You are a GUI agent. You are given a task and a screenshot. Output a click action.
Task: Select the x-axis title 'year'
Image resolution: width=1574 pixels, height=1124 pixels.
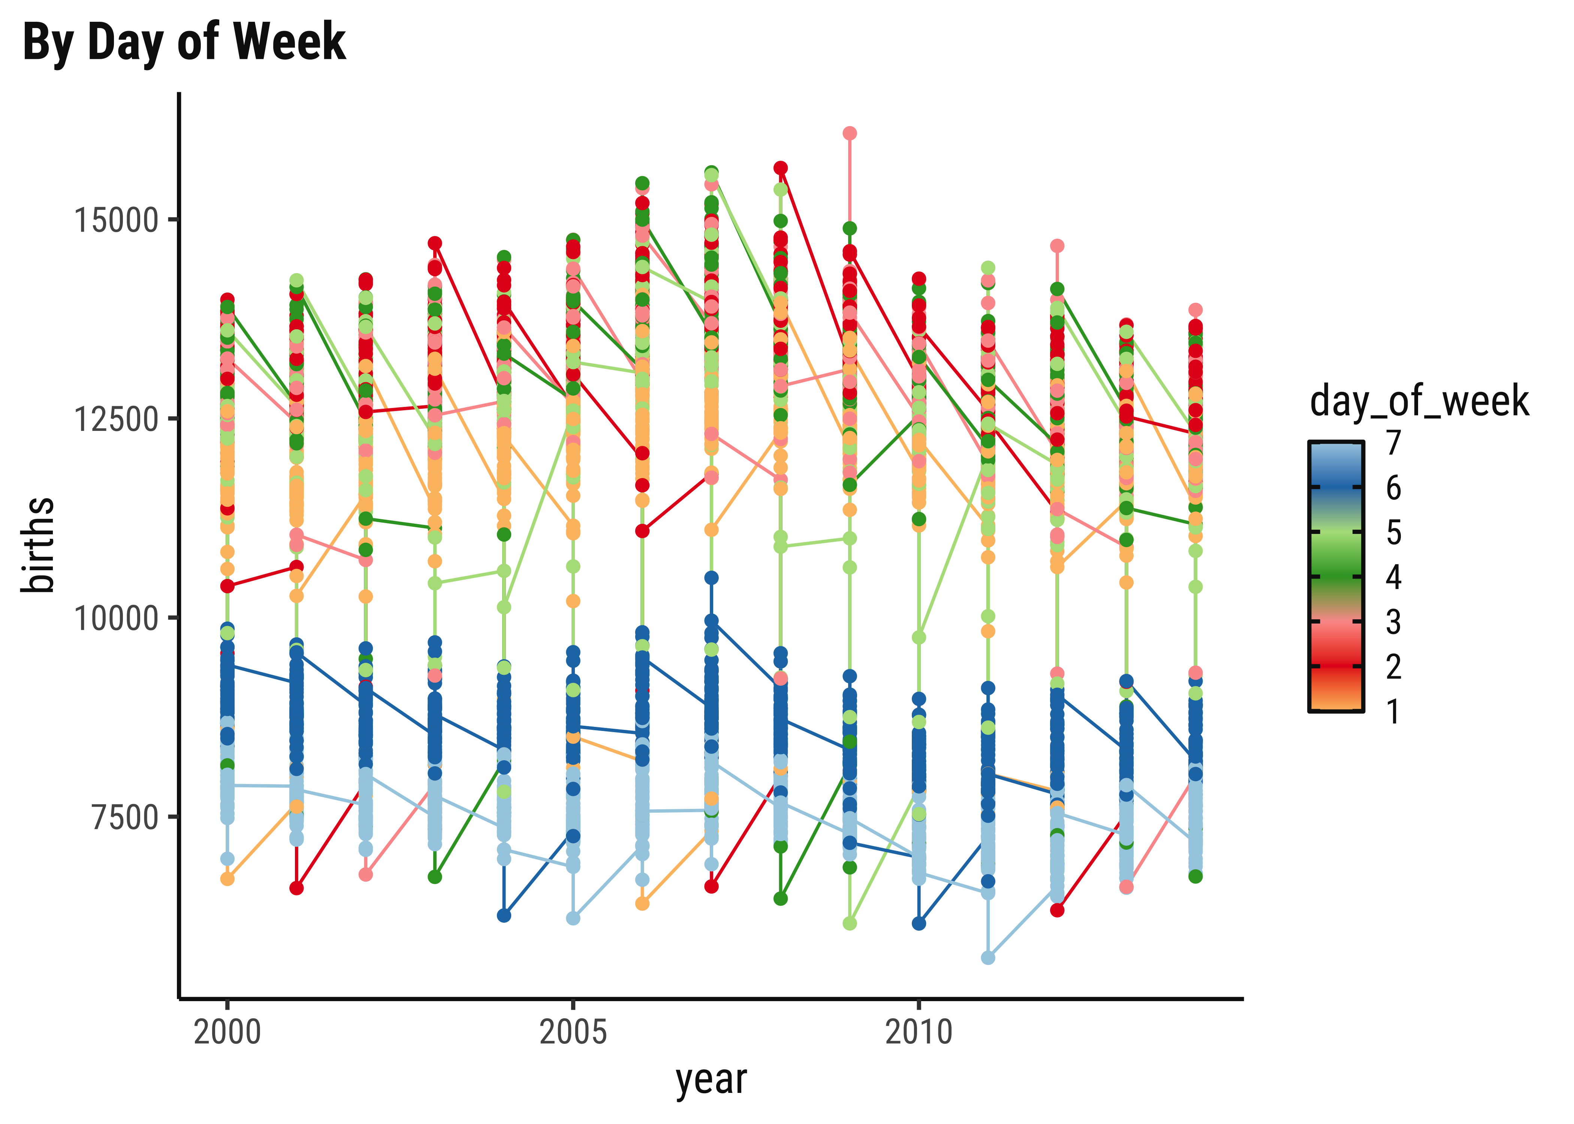[711, 1080]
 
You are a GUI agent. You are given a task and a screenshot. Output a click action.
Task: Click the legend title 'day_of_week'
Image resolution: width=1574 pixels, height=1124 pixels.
[1419, 401]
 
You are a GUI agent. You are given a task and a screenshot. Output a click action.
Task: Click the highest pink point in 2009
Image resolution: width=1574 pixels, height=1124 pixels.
[849, 133]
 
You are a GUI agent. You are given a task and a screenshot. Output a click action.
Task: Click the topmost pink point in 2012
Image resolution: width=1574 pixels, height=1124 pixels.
[1057, 246]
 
